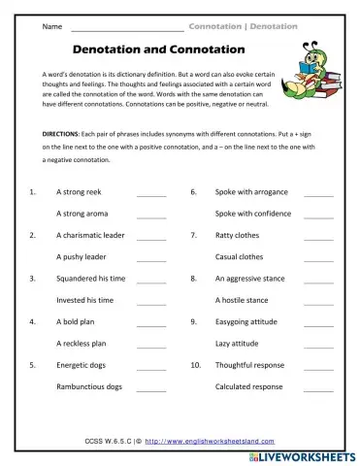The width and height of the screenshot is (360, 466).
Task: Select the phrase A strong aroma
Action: (85, 214)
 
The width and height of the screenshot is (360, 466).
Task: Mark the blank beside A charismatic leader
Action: (151, 236)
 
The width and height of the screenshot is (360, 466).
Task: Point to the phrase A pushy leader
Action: (83, 257)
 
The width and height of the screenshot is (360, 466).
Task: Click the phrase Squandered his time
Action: (90, 279)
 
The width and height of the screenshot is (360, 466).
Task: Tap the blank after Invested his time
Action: (151, 301)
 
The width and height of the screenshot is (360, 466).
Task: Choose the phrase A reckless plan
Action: (84, 344)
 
